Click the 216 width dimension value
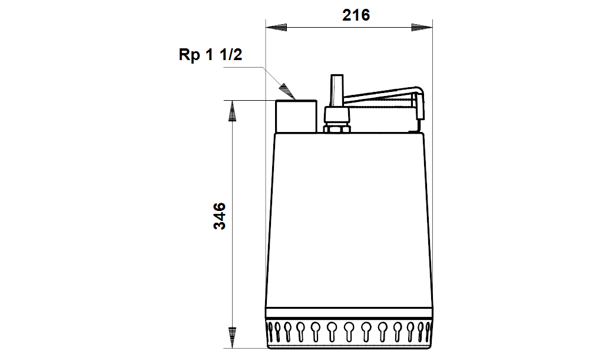(356, 15)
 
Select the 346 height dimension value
(220, 216)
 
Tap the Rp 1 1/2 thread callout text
(210, 54)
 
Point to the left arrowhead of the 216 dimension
(276, 28)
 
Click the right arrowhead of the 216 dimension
(422, 28)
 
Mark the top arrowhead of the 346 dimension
(232, 111)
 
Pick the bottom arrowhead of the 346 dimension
(232, 338)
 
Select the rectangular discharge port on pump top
(296, 116)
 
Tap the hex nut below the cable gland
(337, 128)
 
